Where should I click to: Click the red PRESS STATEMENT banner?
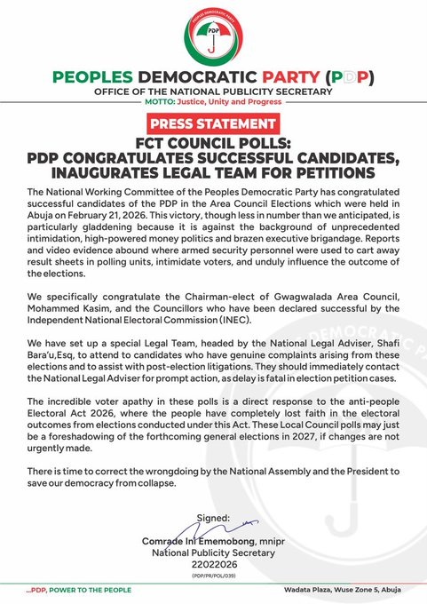(212, 123)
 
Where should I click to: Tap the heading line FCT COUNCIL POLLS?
(212, 142)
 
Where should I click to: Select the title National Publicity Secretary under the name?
(213, 555)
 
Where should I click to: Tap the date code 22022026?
(213, 568)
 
